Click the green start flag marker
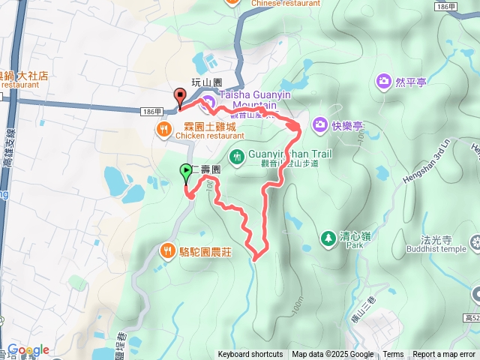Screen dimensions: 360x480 [x=186, y=172]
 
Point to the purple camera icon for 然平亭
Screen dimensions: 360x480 [x=384, y=80]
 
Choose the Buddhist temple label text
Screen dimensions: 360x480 [x=442, y=249]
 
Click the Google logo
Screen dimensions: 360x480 [x=28, y=350]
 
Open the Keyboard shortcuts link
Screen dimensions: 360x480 [x=250, y=355]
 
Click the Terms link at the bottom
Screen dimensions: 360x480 [x=393, y=355]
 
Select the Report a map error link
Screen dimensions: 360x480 [x=444, y=355]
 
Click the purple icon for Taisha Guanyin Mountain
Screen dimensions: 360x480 [x=209, y=100]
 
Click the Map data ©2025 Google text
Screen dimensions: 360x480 [x=332, y=355]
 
